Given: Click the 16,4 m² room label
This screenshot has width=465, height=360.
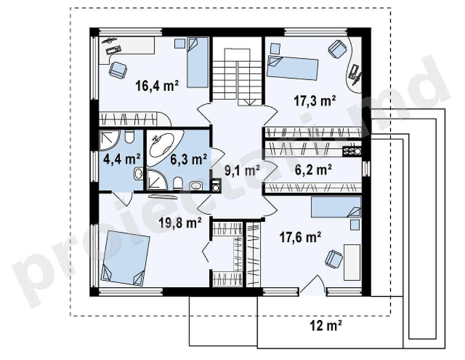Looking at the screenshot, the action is tap(157, 86).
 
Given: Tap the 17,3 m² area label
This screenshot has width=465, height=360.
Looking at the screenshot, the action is tap(315, 101).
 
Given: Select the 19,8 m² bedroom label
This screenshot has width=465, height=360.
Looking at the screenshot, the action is tap(180, 222).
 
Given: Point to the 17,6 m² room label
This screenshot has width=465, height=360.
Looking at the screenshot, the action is tap(301, 237).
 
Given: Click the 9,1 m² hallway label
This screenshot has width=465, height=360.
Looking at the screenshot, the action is tap(242, 170).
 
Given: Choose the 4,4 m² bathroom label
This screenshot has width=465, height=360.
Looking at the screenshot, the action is tap(122, 160).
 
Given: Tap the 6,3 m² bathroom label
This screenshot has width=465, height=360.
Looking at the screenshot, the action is tap(188, 160).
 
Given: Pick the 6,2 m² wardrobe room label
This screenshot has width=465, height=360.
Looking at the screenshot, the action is tap(313, 170).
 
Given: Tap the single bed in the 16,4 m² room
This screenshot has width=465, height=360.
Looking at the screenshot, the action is tap(197, 62).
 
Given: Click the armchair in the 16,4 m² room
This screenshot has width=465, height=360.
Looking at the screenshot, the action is tap(118, 70).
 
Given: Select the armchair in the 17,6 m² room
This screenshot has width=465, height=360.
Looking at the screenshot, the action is tap(334, 258).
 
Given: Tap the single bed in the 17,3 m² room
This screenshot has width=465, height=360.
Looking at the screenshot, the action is tap(292, 68).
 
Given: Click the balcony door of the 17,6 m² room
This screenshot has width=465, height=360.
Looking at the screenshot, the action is tap(312, 285).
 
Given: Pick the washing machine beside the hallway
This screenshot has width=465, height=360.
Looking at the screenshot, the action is tap(217, 186).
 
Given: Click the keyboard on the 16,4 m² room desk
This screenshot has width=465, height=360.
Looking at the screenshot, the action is tap(114, 50).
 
